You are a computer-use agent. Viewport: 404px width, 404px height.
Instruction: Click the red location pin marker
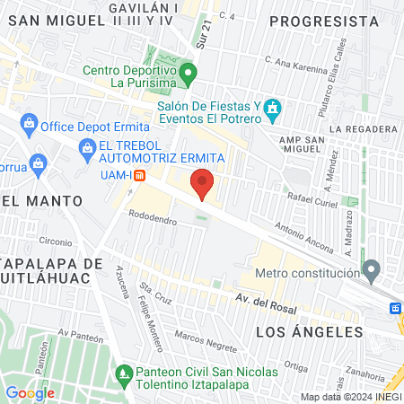point(203,183)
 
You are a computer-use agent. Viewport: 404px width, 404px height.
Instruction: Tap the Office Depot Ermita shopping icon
point(30,122)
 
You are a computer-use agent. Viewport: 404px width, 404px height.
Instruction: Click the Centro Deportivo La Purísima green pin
point(188,72)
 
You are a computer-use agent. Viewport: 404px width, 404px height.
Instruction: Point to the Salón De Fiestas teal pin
point(274,110)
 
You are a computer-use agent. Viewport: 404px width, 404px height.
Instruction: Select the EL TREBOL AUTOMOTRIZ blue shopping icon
point(87,146)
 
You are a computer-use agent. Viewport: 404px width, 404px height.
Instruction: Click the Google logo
point(30,392)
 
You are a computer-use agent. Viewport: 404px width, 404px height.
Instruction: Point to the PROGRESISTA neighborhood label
point(323,21)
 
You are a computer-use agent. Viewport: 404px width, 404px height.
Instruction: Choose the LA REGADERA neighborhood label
point(364,129)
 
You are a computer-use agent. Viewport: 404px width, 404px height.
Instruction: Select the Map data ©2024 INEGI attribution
point(350,397)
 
